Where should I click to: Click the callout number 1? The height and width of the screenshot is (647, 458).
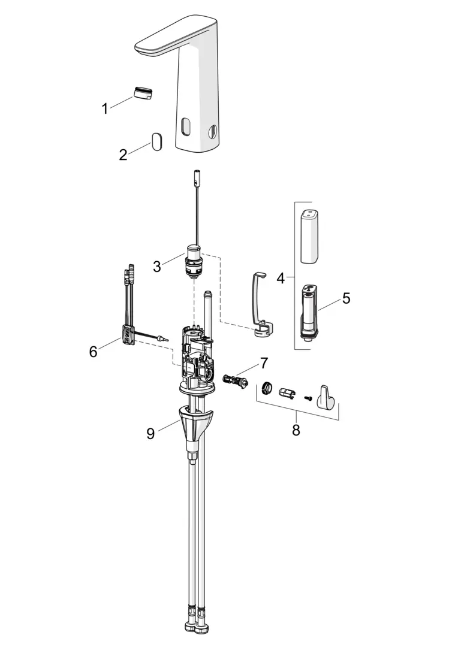coord(105,108)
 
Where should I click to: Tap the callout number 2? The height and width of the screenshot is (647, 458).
coord(123,155)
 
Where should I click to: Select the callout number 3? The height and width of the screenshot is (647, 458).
coord(157,267)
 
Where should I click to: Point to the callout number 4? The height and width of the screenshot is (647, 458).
coord(281,278)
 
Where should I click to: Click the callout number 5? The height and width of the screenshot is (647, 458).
coord(346,298)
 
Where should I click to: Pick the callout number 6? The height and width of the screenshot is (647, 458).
coord(94,352)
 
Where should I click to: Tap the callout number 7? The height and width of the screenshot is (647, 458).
coord(264,363)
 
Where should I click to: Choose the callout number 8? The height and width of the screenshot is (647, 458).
coord(296,430)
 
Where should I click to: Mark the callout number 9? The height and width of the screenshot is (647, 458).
coord(150,434)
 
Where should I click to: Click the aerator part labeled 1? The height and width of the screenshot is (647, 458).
coord(143,93)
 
